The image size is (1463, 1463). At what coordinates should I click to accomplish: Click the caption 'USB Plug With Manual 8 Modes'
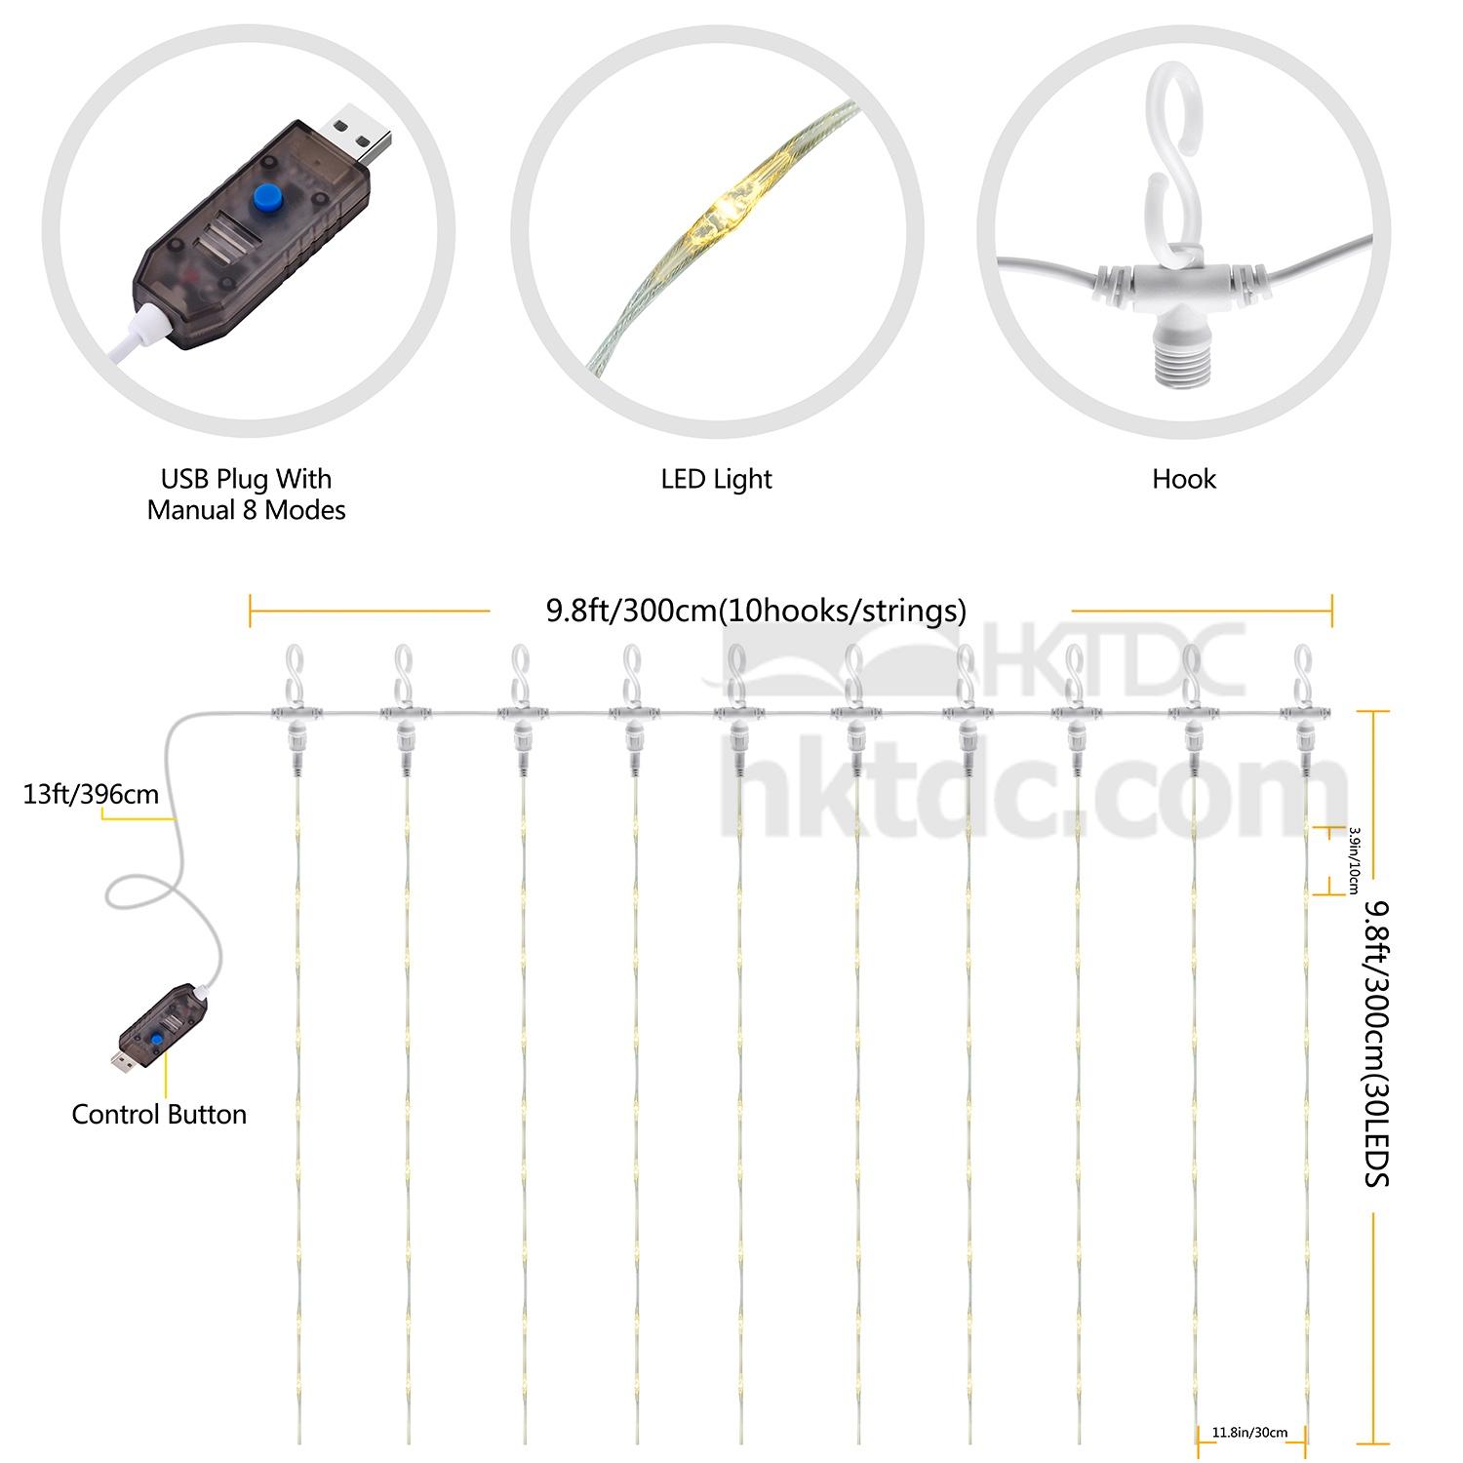coord(247,494)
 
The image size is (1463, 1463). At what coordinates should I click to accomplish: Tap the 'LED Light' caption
coord(717,479)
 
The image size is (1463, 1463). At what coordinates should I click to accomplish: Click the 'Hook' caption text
coord(1184,479)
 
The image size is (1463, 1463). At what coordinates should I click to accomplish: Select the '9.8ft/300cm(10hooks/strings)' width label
coord(756,611)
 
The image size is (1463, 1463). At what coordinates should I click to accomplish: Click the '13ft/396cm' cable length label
coord(91,794)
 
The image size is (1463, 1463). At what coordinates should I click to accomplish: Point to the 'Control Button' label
coord(159,1114)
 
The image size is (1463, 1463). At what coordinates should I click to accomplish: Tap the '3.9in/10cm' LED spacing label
coord(1353,860)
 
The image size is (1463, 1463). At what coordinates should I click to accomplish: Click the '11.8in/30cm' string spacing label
coord(1249,1433)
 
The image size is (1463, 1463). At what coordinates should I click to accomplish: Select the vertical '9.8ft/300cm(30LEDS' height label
coord(1376,1044)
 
